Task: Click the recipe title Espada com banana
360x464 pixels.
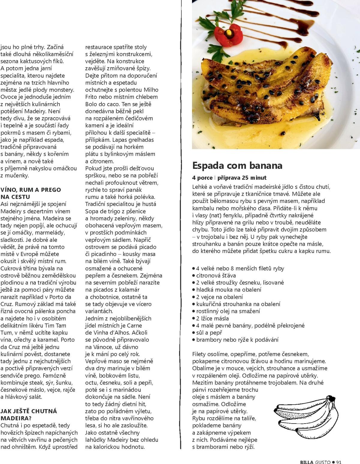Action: pyautogui.click(x=237, y=166)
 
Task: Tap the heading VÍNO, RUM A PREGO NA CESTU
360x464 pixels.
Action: pyautogui.click(x=31, y=193)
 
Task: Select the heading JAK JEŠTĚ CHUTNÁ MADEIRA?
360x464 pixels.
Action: pyautogui.click(x=29, y=415)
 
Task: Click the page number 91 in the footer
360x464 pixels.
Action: pyautogui.click(x=339, y=462)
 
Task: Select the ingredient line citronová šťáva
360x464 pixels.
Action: pyautogui.click(x=216, y=275)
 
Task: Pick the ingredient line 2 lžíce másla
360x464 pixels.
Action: pyautogui.click(x=212, y=318)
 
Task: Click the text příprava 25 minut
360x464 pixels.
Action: pyautogui.click(x=242, y=178)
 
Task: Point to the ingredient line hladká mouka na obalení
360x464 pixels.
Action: pyautogui.click(x=229, y=290)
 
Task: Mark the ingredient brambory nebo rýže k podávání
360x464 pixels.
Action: pyautogui.click(x=237, y=340)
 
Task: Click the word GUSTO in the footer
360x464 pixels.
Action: pyautogui.click(x=322, y=462)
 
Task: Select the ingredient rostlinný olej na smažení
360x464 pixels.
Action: pyautogui.click(x=228, y=311)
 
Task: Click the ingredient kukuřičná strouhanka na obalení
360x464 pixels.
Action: pyautogui.click(x=238, y=304)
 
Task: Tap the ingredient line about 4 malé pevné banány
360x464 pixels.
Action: pyautogui.click(x=250, y=326)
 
